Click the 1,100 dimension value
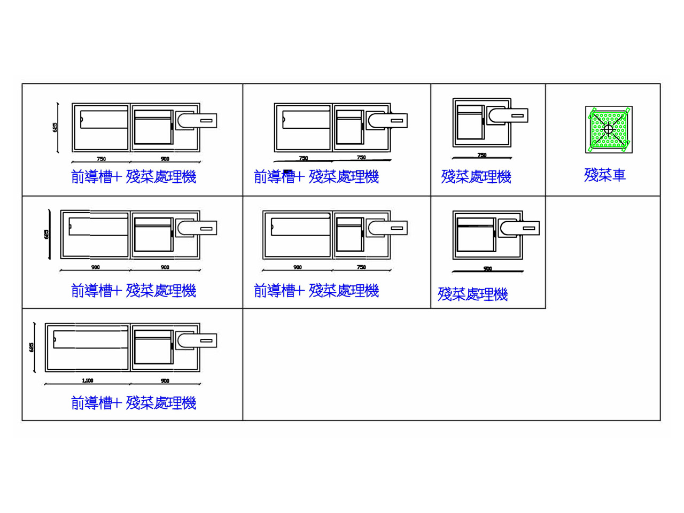[88, 380]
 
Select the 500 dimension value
[487, 268]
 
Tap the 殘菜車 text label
[604, 175]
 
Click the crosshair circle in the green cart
[608, 129]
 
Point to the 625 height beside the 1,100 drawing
[32, 347]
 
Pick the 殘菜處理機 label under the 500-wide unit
[472, 294]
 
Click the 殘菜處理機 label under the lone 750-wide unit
[476, 176]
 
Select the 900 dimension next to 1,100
[165, 380]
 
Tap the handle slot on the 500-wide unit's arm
[529, 228]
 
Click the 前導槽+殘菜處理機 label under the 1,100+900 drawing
[134, 402]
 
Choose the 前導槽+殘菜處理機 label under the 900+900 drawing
[134, 290]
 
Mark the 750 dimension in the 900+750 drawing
[361, 267]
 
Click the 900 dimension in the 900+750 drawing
[298, 267]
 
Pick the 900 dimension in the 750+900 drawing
[165, 159]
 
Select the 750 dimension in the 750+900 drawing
[101, 159]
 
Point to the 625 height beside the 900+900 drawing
[46, 234]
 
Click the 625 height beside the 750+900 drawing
[55, 127]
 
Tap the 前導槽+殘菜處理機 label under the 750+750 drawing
[316, 176]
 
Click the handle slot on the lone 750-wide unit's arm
[517, 115]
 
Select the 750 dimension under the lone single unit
[482, 155]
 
